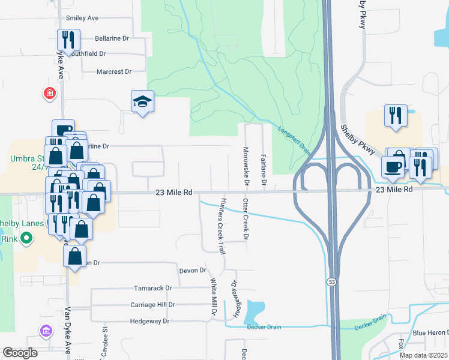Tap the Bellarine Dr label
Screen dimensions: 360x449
click(x=109, y=38)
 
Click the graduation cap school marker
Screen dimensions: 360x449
click(x=142, y=101)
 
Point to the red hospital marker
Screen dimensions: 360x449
click(x=49, y=93)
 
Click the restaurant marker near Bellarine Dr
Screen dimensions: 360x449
click(x=66, y=40)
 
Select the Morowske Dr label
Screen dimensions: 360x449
click(x=246, y=163)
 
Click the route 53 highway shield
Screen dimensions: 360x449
click(x=331, y=281)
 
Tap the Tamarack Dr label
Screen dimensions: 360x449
click(x=151, y=288)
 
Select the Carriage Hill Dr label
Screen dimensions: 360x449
click(x=152, y=305)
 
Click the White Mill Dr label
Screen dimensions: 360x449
click(x=213, y=298)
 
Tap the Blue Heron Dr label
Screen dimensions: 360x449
click(x=430, y=333)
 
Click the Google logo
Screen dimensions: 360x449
click(x=20, y=352)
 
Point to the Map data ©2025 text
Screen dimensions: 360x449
click(x=423, y=355)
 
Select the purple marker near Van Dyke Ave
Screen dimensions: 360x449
click(x=46, y=331)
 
